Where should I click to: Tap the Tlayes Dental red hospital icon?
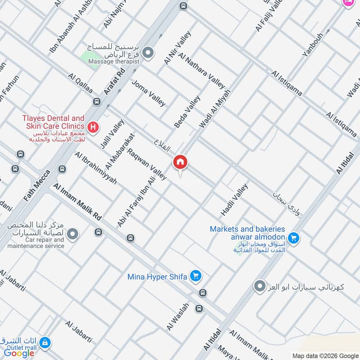point(93,127)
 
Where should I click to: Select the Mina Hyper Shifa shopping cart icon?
point(195,275)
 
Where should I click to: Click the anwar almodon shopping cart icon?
point(294,237)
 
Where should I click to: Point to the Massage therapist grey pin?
point(148,53)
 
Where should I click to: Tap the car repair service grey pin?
point(72,234)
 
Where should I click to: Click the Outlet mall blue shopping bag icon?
point(45,343)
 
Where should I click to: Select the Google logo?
point(19,353)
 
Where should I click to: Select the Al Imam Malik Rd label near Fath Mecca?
point(77,201)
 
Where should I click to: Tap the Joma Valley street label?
point(148,93)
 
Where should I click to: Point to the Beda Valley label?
point(187,111)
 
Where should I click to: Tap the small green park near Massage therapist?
point(90,59)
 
